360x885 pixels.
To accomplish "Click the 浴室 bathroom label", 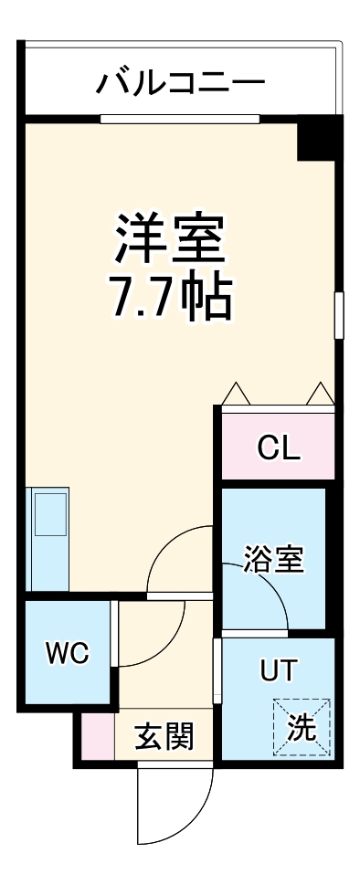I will click(273, 558).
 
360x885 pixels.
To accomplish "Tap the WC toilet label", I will click(68, 653).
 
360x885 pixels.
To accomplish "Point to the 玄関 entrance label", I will click(164, 735).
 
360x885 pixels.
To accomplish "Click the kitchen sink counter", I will click(49, 538).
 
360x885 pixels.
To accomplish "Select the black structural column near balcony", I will click(319, 138).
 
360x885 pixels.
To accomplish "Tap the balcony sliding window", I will click(180, 118).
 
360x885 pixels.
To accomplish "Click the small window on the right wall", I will click(339, 315).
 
